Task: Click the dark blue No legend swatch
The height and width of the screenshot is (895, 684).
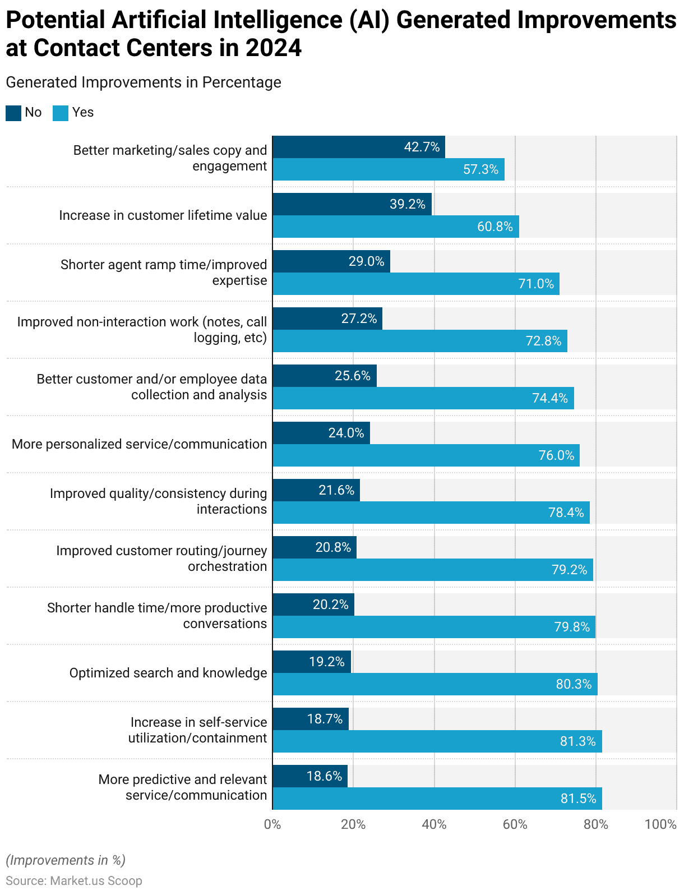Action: pos(13,113)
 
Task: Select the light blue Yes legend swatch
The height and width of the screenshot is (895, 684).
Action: pos(61,113)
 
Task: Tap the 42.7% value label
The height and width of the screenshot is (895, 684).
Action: pos(422,147)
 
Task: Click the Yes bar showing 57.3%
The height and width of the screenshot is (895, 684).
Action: pos(389,169)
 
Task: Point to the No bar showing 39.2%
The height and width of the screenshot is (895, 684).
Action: pos(352,204)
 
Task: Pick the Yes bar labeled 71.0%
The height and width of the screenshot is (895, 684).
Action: pos(416,284)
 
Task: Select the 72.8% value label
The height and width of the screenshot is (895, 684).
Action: pos(543,341)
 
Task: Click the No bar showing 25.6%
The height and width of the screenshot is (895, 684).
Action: pos(325,376)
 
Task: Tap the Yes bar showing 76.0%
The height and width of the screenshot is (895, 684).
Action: pos(426,455)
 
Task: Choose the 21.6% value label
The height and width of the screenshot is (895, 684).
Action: pos(336,490)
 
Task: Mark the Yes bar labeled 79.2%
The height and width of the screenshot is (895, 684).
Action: pos(433,570)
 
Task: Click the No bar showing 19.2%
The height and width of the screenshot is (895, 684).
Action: pos(312,662)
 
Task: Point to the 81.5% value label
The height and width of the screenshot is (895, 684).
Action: pos(578,799)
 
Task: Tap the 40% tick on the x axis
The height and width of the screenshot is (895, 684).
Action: pos(434,824)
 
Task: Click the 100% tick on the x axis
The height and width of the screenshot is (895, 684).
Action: pos(660,824)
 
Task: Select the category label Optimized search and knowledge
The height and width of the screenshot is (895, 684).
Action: pos(168,673)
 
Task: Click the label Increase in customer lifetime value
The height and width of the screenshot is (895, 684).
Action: pos(163,215)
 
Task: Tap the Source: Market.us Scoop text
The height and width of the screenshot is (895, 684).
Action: pos(74,881)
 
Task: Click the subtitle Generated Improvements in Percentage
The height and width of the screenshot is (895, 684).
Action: pos(144,82)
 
